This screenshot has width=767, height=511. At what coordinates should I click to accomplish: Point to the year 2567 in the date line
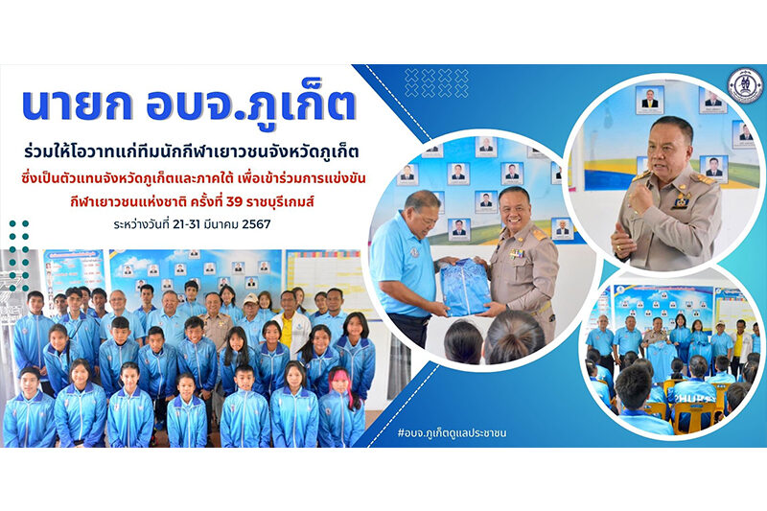coord(256,224)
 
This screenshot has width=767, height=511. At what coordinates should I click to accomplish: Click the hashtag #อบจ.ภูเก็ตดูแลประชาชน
coord(452,432)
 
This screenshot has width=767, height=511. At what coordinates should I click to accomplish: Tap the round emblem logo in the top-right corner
coord(745,85)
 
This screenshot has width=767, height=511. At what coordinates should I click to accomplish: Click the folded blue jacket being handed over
coord(465,288)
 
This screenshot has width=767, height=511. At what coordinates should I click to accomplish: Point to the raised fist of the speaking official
coord(641,197)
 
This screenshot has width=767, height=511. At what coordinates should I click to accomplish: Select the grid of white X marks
coord(437,83)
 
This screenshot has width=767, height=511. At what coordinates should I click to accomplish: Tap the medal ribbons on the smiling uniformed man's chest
coord(517,253)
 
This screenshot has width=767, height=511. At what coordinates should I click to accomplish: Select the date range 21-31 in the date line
coord(185,224)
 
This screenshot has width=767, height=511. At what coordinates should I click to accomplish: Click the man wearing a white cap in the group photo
coord(251,320)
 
